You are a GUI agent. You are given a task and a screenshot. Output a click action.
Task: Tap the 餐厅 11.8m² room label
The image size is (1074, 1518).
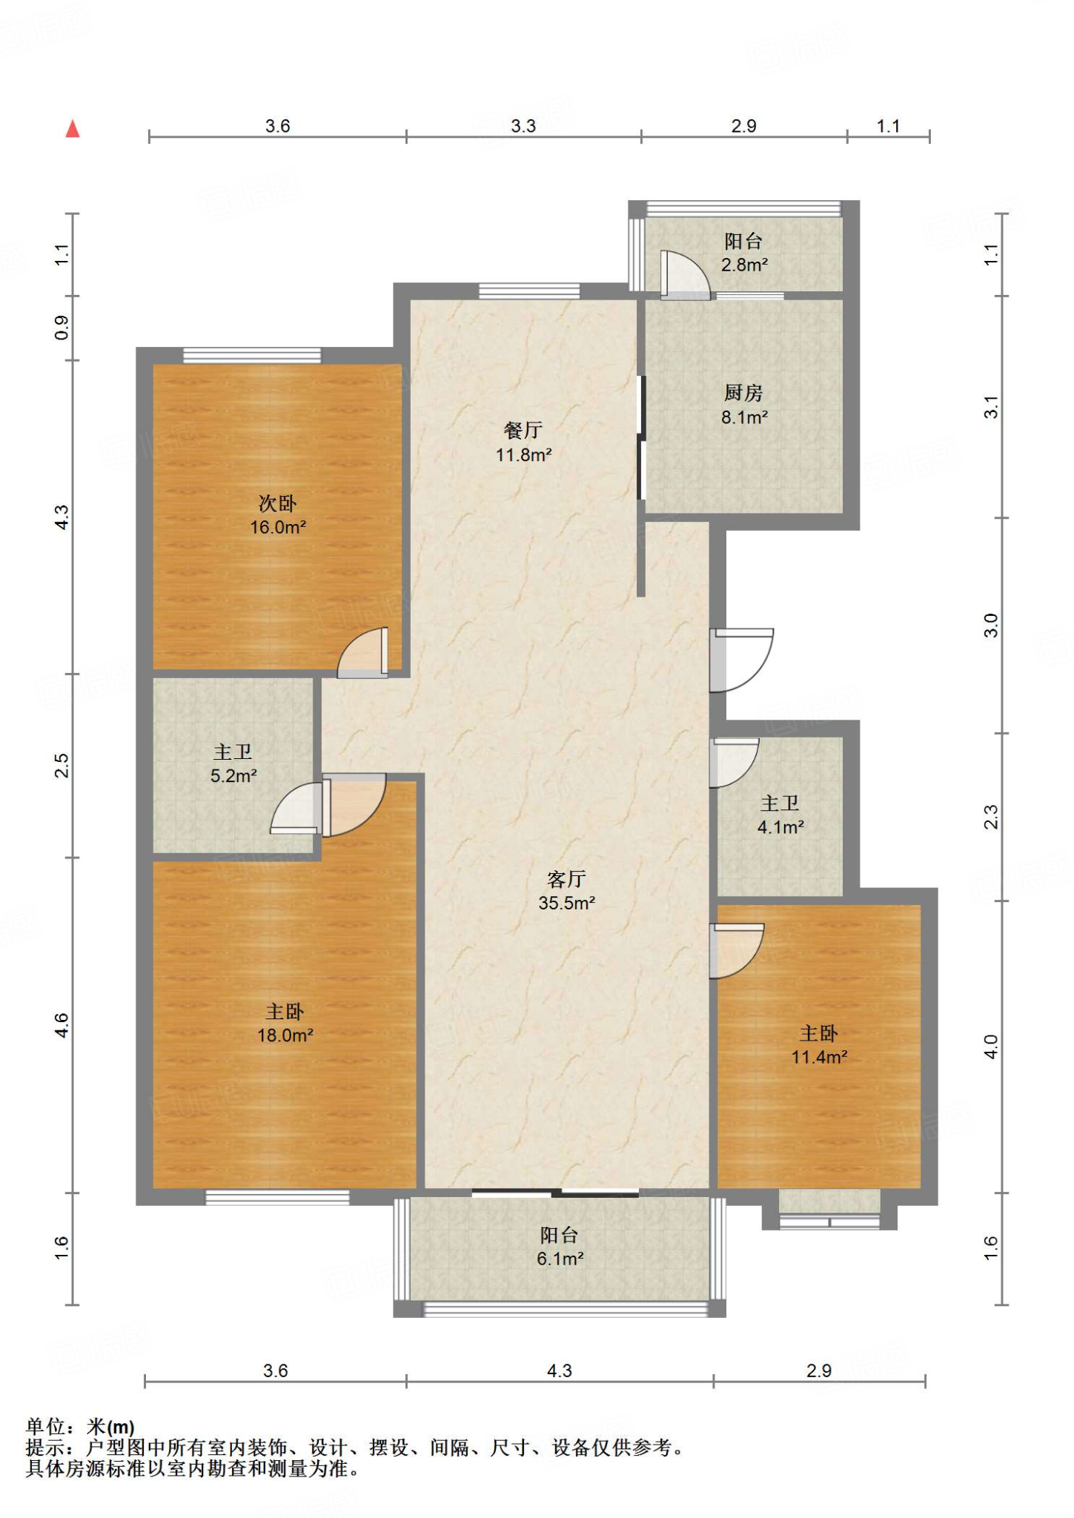click(x=523, y=443)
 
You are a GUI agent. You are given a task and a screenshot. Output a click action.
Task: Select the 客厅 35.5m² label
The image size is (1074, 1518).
click(x=567, y=890)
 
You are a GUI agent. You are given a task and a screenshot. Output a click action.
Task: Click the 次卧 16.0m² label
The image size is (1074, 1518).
click(x=278, y=515)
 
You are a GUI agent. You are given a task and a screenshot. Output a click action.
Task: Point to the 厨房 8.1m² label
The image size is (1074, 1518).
click(x=744, y=405)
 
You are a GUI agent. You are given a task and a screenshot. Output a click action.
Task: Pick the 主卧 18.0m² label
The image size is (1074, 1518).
click(x=285, y=1023)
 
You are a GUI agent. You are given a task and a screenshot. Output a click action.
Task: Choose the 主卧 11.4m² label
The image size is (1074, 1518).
click(x=819, y=1044)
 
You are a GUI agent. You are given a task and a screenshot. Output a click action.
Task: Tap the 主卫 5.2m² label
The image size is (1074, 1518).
click(x=233, y=763)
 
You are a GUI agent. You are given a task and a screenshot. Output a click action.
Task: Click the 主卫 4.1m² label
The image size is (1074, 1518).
click(x=780, y=815)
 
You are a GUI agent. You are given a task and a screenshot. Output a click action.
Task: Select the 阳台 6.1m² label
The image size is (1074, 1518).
click(x=560, y=1247)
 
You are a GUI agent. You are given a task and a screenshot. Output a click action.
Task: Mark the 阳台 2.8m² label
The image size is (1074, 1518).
click(x=744, y=252)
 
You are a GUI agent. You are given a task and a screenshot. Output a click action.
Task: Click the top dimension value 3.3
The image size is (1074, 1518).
click(x=523, y=126)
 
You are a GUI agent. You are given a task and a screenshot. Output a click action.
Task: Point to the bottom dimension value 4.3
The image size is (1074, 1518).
click(x=560, y=1370)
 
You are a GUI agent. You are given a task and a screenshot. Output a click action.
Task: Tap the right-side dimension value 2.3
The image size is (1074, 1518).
click(x=991, y=817)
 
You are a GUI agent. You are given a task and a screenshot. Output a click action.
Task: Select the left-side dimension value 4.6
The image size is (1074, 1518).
click(x=62, y=1024)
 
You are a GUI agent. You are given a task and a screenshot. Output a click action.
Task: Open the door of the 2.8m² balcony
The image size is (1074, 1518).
click(x=686, y=275)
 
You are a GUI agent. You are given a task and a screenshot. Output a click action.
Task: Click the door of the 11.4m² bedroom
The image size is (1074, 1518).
click(x=736, y=950)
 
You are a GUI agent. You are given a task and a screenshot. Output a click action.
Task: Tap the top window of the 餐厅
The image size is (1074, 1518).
click(x=529, y=291)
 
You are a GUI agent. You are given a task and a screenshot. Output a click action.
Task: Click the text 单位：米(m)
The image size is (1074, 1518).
click(x=80, y=1427)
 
